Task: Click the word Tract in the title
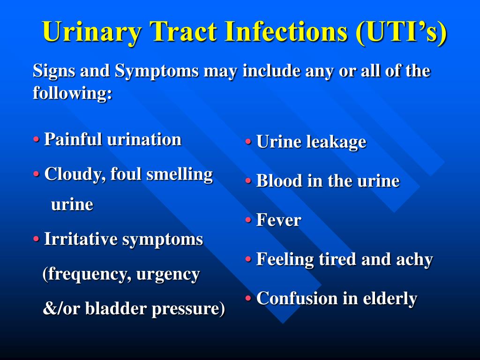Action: tap(183, 31)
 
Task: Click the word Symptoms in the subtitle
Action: tap(157, 72)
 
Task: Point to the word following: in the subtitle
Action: tap(73, 93)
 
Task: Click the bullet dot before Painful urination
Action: tap(37, 140)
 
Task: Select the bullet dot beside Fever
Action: tap(248, 220)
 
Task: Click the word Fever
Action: tap(279, 220)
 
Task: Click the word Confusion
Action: tap(297, 298)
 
